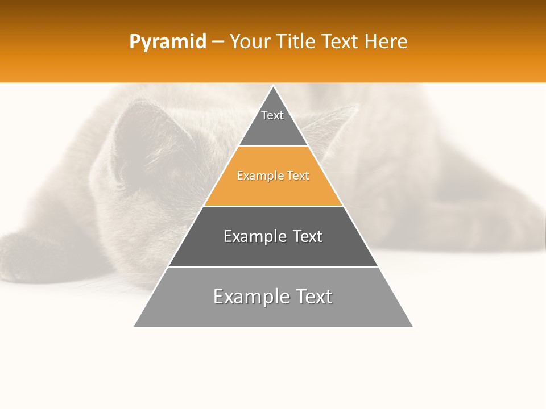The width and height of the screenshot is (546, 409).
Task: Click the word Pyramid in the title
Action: click(x=167, y=42)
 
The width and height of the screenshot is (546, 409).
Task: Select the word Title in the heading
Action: click(x=297, y=41)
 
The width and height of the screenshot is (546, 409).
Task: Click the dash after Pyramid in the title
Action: click(x=218, y=42)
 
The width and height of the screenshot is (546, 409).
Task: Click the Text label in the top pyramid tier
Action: click(x=272, y=115)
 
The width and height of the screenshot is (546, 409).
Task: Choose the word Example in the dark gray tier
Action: click(x=253, y=236)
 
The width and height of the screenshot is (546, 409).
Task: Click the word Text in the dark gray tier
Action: click(x=308, y=236)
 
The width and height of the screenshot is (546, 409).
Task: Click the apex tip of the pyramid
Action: click(x=273, y=86)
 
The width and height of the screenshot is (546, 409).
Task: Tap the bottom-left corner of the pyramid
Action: click(x=135, y=326)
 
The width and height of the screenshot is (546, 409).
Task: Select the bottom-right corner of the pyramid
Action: click(x=412, y=326)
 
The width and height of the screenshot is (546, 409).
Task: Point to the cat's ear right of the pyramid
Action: click(x=336, y=122)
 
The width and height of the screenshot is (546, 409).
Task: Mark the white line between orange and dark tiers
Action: click(x=273, y=206)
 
